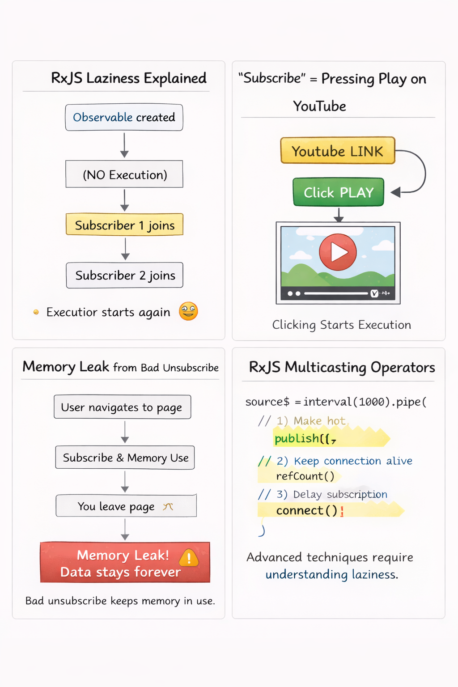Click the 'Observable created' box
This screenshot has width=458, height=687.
124,118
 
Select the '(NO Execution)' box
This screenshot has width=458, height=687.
124,174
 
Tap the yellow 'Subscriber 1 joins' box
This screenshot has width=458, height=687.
124,225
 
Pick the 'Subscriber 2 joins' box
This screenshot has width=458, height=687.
124,276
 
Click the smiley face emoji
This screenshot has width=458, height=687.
188,311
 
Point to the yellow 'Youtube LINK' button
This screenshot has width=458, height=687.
338,151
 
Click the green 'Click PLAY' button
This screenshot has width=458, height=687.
339,192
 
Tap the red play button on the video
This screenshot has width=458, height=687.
338,252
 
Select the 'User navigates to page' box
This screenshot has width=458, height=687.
122,407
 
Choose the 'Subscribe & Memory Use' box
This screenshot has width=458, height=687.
125,458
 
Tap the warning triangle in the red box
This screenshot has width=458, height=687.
189,557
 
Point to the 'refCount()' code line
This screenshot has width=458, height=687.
305,476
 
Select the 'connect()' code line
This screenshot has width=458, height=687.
307,510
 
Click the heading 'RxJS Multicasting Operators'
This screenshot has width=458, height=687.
342,368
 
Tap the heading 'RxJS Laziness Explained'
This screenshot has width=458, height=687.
129,78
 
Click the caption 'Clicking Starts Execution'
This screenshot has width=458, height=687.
342,325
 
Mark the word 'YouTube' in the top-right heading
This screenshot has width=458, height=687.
319,106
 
